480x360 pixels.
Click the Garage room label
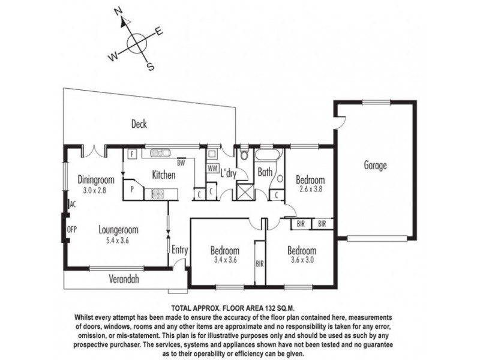[x=375, y=166]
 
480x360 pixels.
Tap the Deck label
[x=139, y=124]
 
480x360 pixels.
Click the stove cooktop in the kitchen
[x=158, y=193]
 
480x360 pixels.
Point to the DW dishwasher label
[x=181, y=163]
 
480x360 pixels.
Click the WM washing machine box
[x=212, y=169]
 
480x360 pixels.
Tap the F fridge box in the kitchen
[x=132, y=154]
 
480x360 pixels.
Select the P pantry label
[x=132, y=190]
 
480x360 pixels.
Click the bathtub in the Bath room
[x=267, y=155]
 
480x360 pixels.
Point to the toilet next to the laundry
[x=244, y=155]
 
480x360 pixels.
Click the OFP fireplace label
[x=71, y=229]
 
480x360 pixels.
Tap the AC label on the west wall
[x=73, y=204]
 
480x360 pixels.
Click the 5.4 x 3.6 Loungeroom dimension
[x=118, y=241]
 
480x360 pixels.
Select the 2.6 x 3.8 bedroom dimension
[x=310, y=188]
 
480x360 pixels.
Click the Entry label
[x=179, y=250]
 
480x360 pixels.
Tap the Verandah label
[x=124, y=279]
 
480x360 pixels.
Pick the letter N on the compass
[x=118, y=11]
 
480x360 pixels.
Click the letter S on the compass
[x=151, y=67]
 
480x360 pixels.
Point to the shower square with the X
[x=245, y=192]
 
